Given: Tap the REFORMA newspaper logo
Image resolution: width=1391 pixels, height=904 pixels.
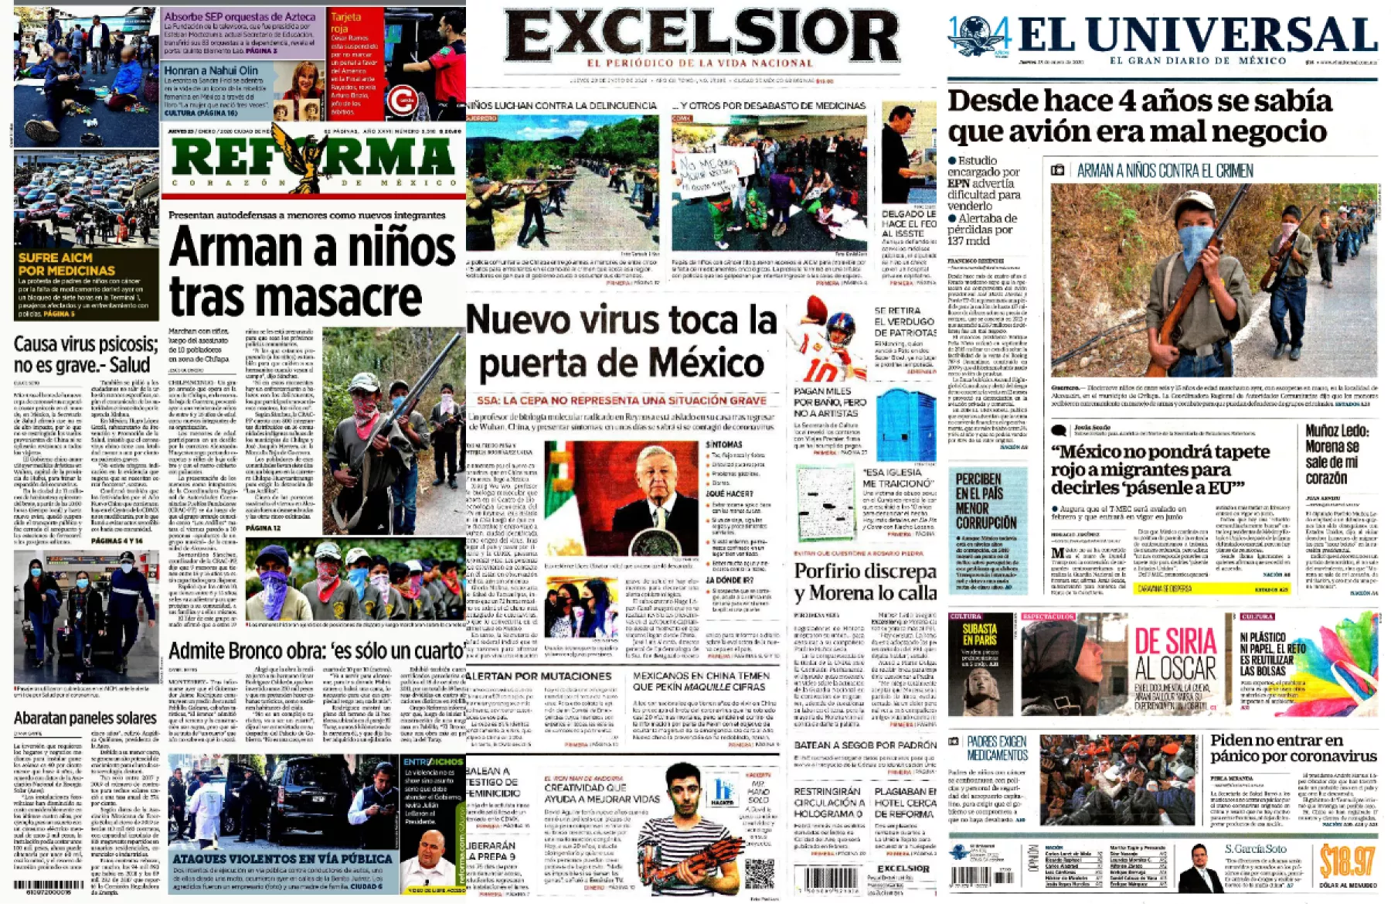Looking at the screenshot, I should pos(312,157).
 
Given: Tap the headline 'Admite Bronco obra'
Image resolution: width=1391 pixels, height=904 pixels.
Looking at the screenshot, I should pos(316,650).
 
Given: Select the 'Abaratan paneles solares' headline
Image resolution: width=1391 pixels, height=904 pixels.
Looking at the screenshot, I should pos(85,718).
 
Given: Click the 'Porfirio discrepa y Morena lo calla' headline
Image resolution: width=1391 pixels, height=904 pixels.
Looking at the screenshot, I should pos(865,582).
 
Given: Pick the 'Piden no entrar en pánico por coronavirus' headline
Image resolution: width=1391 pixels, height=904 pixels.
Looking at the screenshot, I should pos(1292,748).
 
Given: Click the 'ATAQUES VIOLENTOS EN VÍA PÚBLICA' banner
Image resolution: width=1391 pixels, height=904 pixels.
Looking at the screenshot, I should pos(283,858).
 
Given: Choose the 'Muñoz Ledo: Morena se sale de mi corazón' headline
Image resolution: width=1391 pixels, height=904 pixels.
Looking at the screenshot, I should pos(1342,455).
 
